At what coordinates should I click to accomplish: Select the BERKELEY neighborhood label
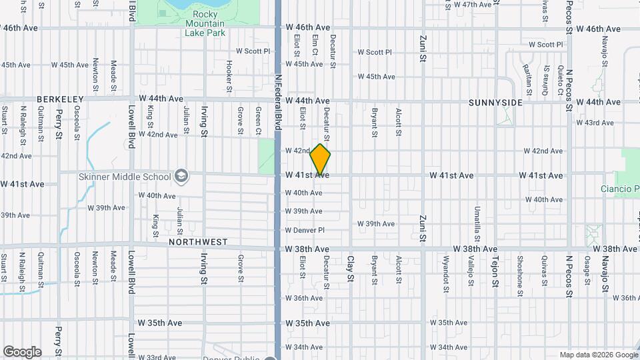click(x=60, y=99)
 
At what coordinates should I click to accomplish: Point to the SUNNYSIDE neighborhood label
click(x=495, y=103)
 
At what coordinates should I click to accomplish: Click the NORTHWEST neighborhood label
click(x=198, y=242)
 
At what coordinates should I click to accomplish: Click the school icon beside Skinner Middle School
click(x=180, y=177)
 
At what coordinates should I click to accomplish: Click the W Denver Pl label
click(x=305, y=230)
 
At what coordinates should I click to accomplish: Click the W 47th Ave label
click(x=471, y=5)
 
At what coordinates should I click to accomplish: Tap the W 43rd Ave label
click(x=595, y=123)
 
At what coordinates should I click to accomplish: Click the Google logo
click(x=22, y=352)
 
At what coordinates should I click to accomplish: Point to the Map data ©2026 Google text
click(x=599, y=355)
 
